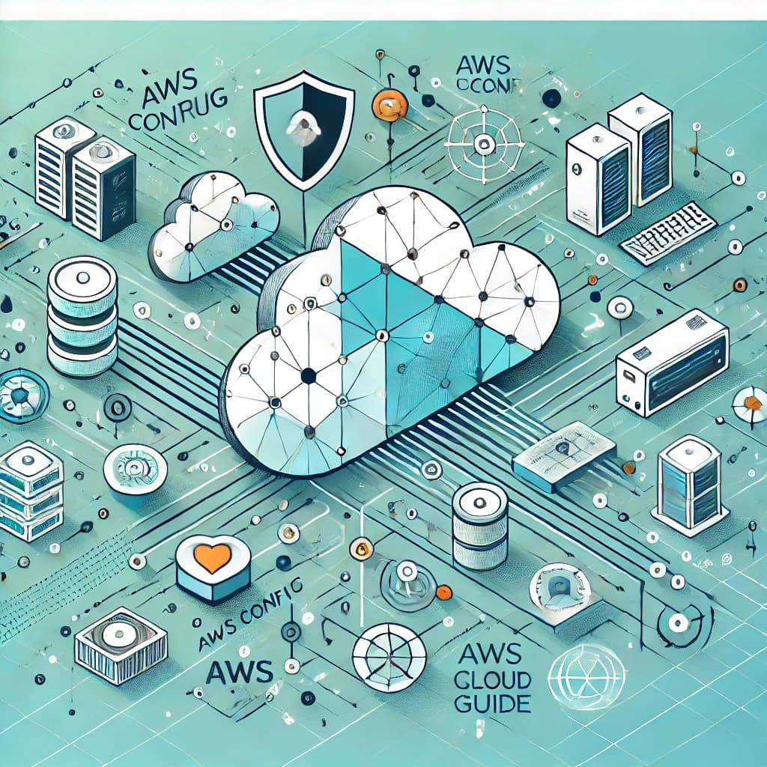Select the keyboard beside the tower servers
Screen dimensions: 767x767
668,232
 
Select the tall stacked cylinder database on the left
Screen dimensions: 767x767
82,318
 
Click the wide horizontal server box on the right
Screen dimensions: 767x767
672,363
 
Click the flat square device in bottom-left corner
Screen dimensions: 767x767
120,645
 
